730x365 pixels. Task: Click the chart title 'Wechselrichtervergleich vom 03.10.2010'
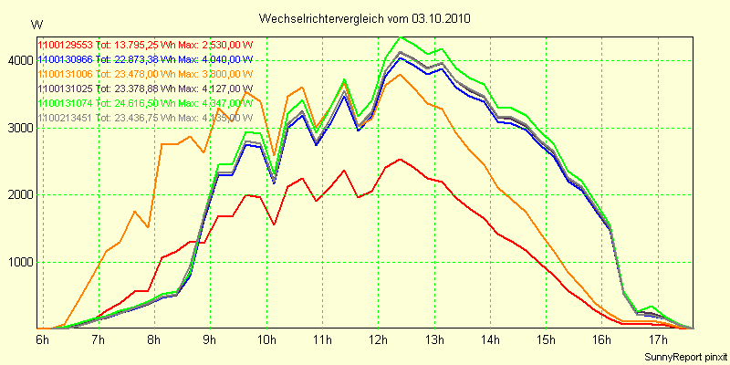[x=365, y=18]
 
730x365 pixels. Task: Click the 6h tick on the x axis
[x=42, y=339]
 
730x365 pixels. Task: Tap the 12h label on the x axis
[x=378, y=339]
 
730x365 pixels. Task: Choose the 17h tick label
[x=658, y=339]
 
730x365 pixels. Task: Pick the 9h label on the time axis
[x=210, y=339]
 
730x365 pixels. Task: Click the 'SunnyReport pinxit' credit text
[x=683, y=355]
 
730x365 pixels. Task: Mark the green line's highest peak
[x=401, y=37]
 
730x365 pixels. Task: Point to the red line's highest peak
[x=401, y=159]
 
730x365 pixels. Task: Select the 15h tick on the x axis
[x=546, y=339]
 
